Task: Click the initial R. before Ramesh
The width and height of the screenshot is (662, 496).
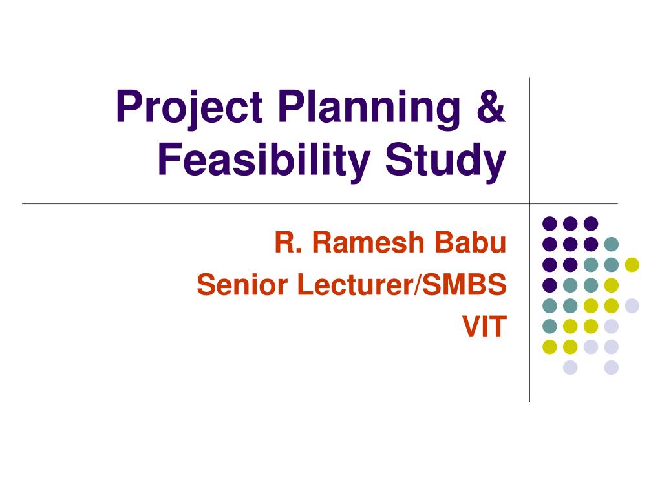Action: click(287, 244)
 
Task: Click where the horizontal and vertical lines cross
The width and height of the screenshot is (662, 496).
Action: click(529, 203)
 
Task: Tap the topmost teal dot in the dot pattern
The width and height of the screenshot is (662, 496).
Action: click(611, 243)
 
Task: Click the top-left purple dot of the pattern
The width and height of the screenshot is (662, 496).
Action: click(550, 223)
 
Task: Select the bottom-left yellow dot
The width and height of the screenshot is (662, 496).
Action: click(550, 347)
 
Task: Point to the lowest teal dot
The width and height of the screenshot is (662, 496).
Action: click(550, 326)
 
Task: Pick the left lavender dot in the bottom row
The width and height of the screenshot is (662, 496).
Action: click(570, 367)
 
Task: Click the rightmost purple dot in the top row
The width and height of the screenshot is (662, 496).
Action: click(590, 223)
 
